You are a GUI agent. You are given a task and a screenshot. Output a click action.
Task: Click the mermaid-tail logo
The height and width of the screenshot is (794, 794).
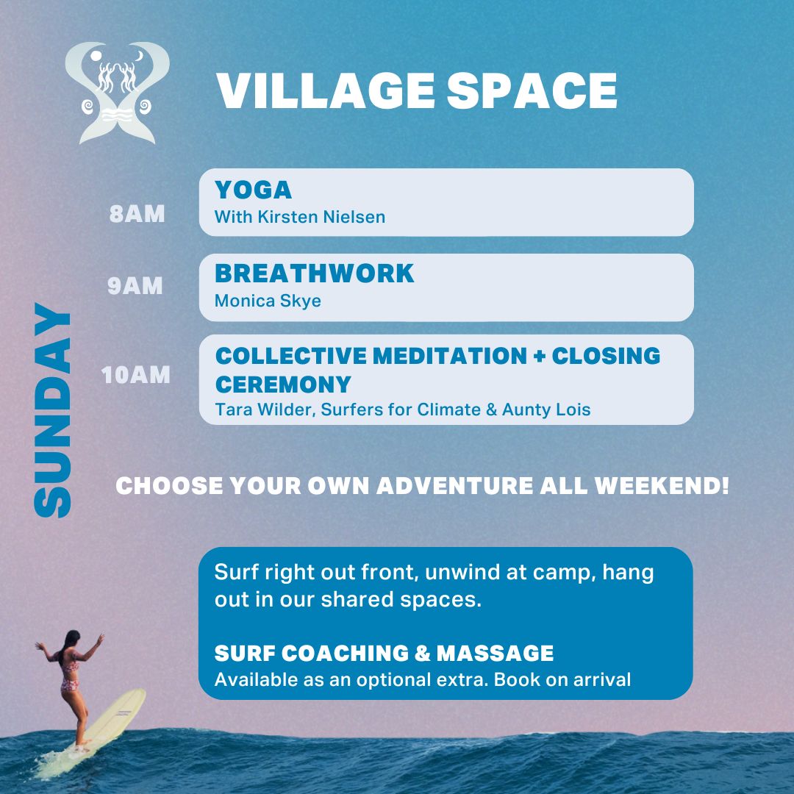tap(118, 92)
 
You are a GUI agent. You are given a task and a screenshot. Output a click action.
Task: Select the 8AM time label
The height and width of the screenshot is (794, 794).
tap(137, 214)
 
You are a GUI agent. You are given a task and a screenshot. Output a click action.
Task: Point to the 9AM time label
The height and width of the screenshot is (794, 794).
tap(135, 286)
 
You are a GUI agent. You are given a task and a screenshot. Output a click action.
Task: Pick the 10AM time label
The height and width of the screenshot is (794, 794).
tap(136, 375)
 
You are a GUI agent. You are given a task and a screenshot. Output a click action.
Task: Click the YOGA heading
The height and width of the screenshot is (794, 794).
tap(253, 190)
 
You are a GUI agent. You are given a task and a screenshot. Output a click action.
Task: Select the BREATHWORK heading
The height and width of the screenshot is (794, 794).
tap(314, 273)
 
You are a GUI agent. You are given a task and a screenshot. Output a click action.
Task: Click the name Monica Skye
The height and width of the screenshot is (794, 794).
tap(268, 301)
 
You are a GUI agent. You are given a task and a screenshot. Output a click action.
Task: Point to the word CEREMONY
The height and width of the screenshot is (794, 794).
tap(283, 384)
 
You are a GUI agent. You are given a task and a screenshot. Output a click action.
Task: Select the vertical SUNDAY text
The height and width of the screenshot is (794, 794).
tap(54, 410)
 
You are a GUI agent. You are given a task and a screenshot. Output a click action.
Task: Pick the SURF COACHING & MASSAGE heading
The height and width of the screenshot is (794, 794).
tap(384, 653)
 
